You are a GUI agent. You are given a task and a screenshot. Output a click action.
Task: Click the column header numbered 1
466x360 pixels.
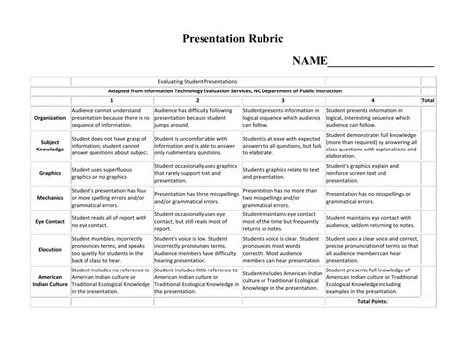pyautogui.click(x=111, y=100)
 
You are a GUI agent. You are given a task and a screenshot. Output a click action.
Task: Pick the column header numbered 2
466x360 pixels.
pyautogui.click(x=198, y=100)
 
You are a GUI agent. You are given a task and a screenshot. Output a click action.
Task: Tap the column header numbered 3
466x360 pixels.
pyautogui.click(x=283, y=100)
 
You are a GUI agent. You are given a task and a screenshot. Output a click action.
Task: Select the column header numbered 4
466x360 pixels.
pyautogui.click(x=372, y=100)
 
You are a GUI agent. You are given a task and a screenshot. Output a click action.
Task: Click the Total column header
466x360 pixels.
pyautogui.click(x=427, y=100)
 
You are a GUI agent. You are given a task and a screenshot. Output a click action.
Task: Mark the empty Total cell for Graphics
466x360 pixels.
pyautogui.click(x=427, y=173)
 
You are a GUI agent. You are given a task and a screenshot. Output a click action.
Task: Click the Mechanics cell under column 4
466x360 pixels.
pyautogui.click(x=372, y=197)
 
